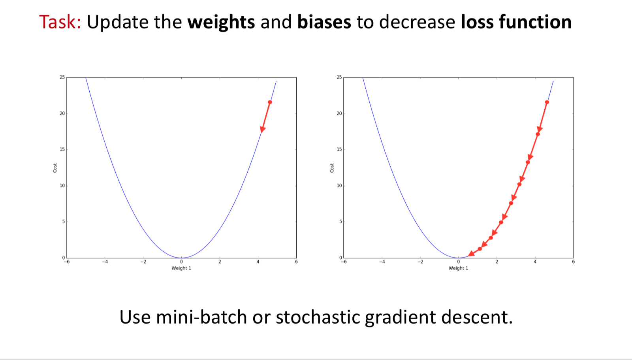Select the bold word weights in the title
(x=221, y=23)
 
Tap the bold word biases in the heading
(x=324, y=22)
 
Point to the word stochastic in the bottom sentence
(x=318, y=317)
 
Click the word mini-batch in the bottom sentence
(x=201, y=317)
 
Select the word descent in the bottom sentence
(x=477, y=317)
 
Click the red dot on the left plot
(x=270, y=102)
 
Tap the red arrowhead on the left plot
(x=263, y=129)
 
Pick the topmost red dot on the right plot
(x=547, y=102)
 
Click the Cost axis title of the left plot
(x=55, y=168)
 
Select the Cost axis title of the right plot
(x=332, y=168)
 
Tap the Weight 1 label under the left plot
(x=181, y=268)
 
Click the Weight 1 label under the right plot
(x=459, y=268)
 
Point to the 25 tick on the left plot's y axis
(x=62, y=77)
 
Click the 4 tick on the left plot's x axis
(x=258, y=262)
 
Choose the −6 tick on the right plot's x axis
(x=344, y=262)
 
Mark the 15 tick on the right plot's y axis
(x=339, y=149)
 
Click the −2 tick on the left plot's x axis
(x=143, y=262)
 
